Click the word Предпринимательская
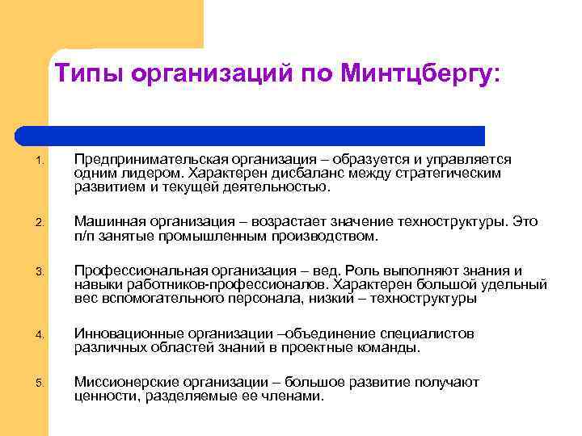coord(152,160)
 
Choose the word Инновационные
coord(126,333)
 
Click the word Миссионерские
coord(124,381)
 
